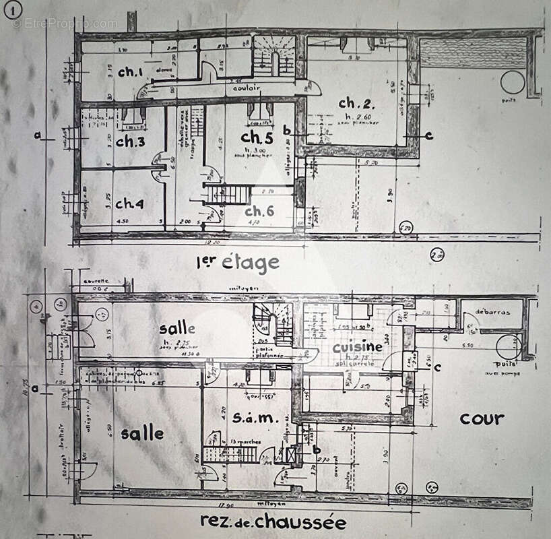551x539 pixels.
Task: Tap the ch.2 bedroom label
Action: point(356,104)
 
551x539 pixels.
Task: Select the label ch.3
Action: point(130,141)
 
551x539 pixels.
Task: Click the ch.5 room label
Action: point(256,137)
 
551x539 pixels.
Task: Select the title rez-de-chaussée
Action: point(273,521)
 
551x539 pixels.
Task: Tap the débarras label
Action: point(492,313)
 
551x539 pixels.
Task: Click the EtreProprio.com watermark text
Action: point(64,24)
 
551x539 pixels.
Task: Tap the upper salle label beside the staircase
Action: point(178,329)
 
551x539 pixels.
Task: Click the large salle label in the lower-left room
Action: point(142,433)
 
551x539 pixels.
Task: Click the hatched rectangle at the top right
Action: point(473,52)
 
